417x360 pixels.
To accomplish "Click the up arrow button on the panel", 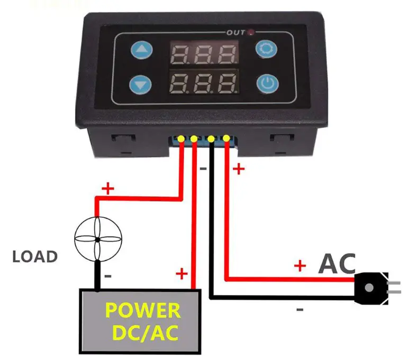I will point(141,52).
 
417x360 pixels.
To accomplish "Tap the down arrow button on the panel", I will point(141,84).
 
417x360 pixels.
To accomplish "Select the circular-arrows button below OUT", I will point(267,50).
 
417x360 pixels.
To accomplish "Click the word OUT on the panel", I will point(236,33).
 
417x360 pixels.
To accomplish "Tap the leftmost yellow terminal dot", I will point(181,139).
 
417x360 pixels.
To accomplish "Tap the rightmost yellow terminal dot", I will point(226,139).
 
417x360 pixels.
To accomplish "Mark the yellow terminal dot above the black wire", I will point(211,139).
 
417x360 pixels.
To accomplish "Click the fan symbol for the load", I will point(97,240).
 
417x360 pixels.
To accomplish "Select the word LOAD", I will point(35,257).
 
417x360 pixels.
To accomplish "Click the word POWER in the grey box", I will point(143,310).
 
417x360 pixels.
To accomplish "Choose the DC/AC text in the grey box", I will point(143,333).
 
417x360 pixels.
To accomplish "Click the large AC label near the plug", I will point(337,264).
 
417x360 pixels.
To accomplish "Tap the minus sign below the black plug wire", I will point(300,309).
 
